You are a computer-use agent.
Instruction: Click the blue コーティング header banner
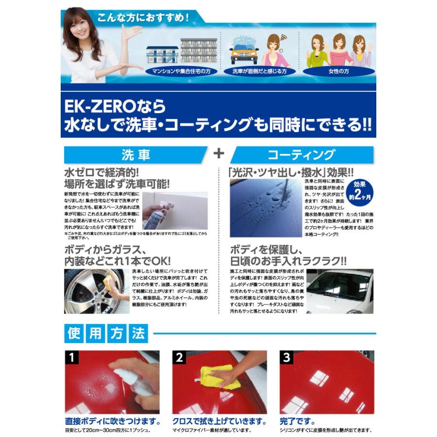pos(301,154)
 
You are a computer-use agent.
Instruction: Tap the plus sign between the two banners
pos(219,153)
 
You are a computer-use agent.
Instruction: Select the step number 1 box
pos(72,358)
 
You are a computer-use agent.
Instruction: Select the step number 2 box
pos(180,358)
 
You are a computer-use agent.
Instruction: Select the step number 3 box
pos(287,358)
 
